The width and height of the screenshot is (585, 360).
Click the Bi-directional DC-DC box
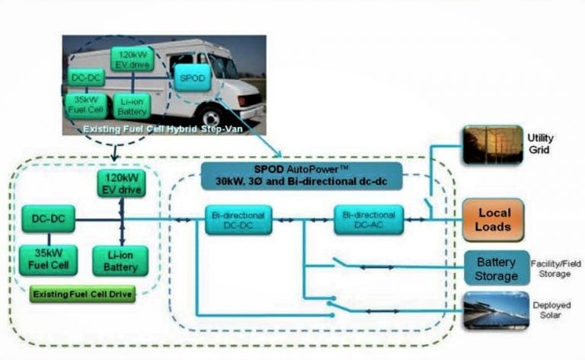point(238,220)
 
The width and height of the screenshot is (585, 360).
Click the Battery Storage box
point(496,269)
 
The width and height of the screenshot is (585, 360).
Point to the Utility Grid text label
point(541,144)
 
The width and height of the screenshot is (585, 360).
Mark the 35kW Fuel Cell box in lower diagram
point(49,260)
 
